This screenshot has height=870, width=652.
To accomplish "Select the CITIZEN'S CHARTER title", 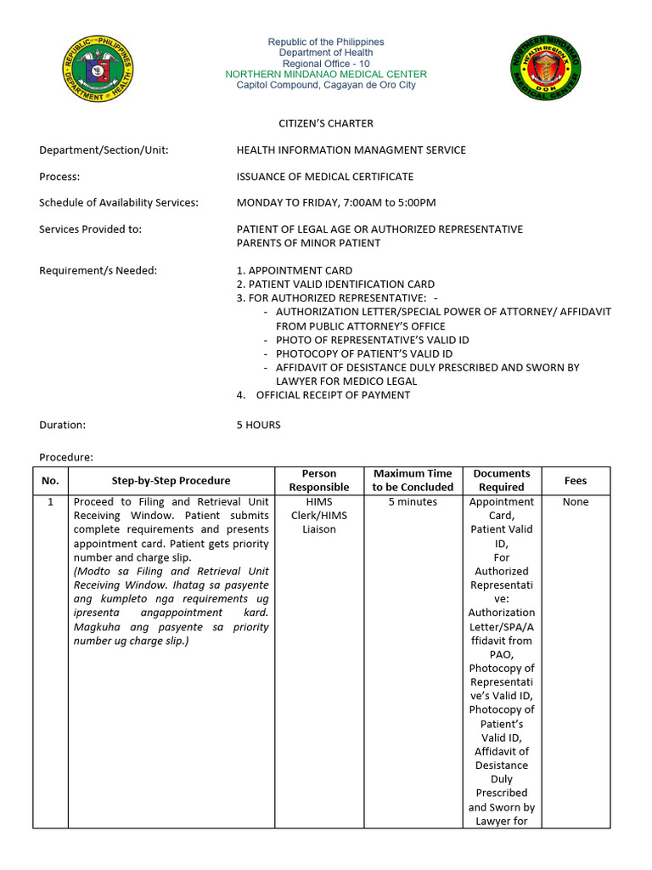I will click(326, 123).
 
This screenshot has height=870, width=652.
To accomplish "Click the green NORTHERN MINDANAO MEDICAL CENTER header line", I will click(326, 75).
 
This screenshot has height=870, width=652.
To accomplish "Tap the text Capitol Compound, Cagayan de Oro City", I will click(326, 86).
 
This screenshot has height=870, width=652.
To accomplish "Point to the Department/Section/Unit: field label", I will click(104, 150).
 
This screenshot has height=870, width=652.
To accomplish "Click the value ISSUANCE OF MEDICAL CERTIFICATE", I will click(324, 177).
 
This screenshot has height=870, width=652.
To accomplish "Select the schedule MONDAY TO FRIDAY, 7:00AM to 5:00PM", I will click(335, 203).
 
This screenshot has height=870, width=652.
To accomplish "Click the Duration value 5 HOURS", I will click(258, 425).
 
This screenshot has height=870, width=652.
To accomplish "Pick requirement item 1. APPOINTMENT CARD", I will click(294, 271).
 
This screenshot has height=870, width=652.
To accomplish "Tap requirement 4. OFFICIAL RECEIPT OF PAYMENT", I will click(323, 395).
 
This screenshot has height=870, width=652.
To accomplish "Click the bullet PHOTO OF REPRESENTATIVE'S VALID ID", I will click(372, 340).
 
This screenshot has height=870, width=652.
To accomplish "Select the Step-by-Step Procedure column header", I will click(171, 481).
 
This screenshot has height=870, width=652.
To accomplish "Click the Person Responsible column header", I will click(319, 481).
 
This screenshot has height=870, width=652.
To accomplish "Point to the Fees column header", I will click(575, 481).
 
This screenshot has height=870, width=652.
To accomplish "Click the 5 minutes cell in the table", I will click(413, 502).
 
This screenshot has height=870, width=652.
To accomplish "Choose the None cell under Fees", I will click(575, 502).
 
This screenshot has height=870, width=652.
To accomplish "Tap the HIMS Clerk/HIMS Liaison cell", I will click(319, 516).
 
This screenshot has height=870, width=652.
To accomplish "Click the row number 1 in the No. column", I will click(50, 502).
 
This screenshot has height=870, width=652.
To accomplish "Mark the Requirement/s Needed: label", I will click(98, 271).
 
